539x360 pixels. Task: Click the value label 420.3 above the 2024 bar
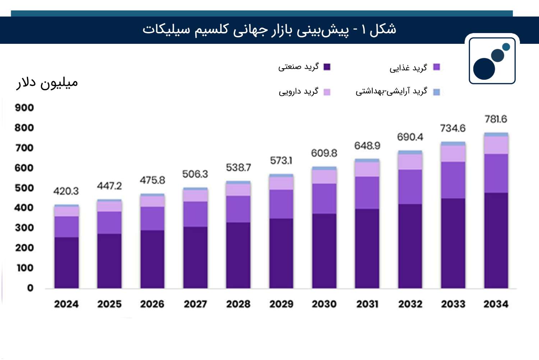click(66, 191)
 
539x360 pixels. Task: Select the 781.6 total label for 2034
click(496, 119)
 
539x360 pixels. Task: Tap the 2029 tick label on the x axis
click(281, 304)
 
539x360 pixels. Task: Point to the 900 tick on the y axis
click(24, 108)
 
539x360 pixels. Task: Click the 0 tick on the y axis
click(30, 288)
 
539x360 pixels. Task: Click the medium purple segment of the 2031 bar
click(367, 193)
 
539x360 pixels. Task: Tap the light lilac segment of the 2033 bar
click(453, 153)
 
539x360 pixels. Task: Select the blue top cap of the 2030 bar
click(324, 168)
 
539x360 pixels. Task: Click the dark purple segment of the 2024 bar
click(66, 262)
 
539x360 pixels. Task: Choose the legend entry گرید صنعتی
click(304, 67)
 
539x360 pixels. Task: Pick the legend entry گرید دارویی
click(304, 92)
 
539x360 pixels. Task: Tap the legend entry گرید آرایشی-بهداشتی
click(397, 92)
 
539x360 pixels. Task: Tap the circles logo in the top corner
click(492, 60)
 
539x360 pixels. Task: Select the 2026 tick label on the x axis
click(152, 304)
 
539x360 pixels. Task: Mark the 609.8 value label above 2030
click(324, 153)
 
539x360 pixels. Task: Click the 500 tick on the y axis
click(24, 188)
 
